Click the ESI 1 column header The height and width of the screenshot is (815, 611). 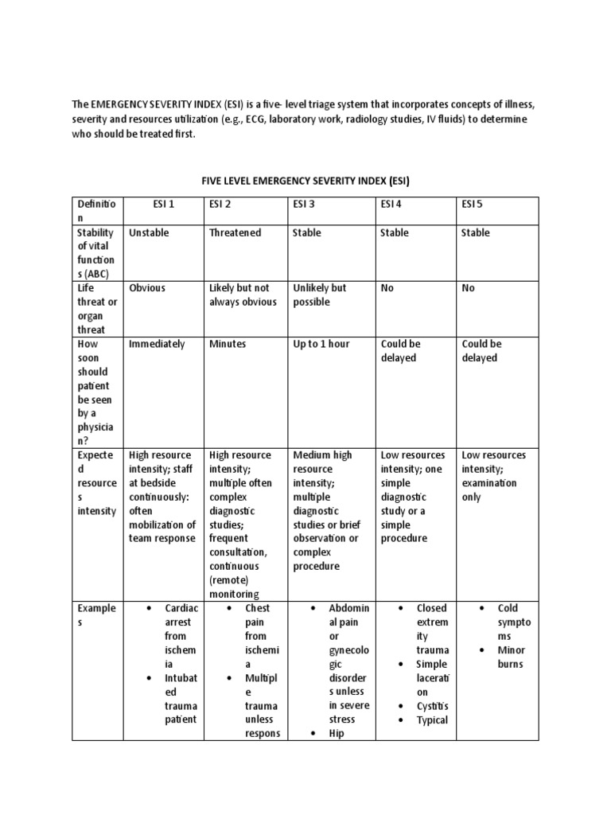pyautogui.click(x=163, y=205)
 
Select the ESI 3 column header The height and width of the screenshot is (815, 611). pyautogui.click(x=304, y=205)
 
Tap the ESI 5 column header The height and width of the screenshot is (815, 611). pyautogui.click(x=472, y=205)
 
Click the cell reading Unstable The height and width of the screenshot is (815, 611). pyautogui.click(x=149, y=232)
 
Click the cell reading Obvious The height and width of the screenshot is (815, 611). pyautogui.click(x=147, y=288)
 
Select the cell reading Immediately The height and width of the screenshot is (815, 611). pyautogui.click(x=157, y=344)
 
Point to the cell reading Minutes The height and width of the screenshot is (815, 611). pyautogui.click(x=228, y=344)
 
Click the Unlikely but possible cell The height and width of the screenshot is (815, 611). pyautogui.click(x=319, y=295)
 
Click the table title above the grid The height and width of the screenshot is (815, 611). pyautogui.click(x=305, y=181)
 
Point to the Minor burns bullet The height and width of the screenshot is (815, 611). pyautogui.click(x=511, y=657)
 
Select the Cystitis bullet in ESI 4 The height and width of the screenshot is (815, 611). pyautogui.click(x=433, y=706)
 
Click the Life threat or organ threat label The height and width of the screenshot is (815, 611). pyautogui.click(x=96, y=309)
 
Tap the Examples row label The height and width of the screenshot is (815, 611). pyautogui.click(x=96, y=615)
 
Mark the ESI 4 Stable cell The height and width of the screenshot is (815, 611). pyautogui.click(x=395, y=232)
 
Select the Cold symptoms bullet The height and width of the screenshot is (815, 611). pyautogui.click(x=513, y=622)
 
